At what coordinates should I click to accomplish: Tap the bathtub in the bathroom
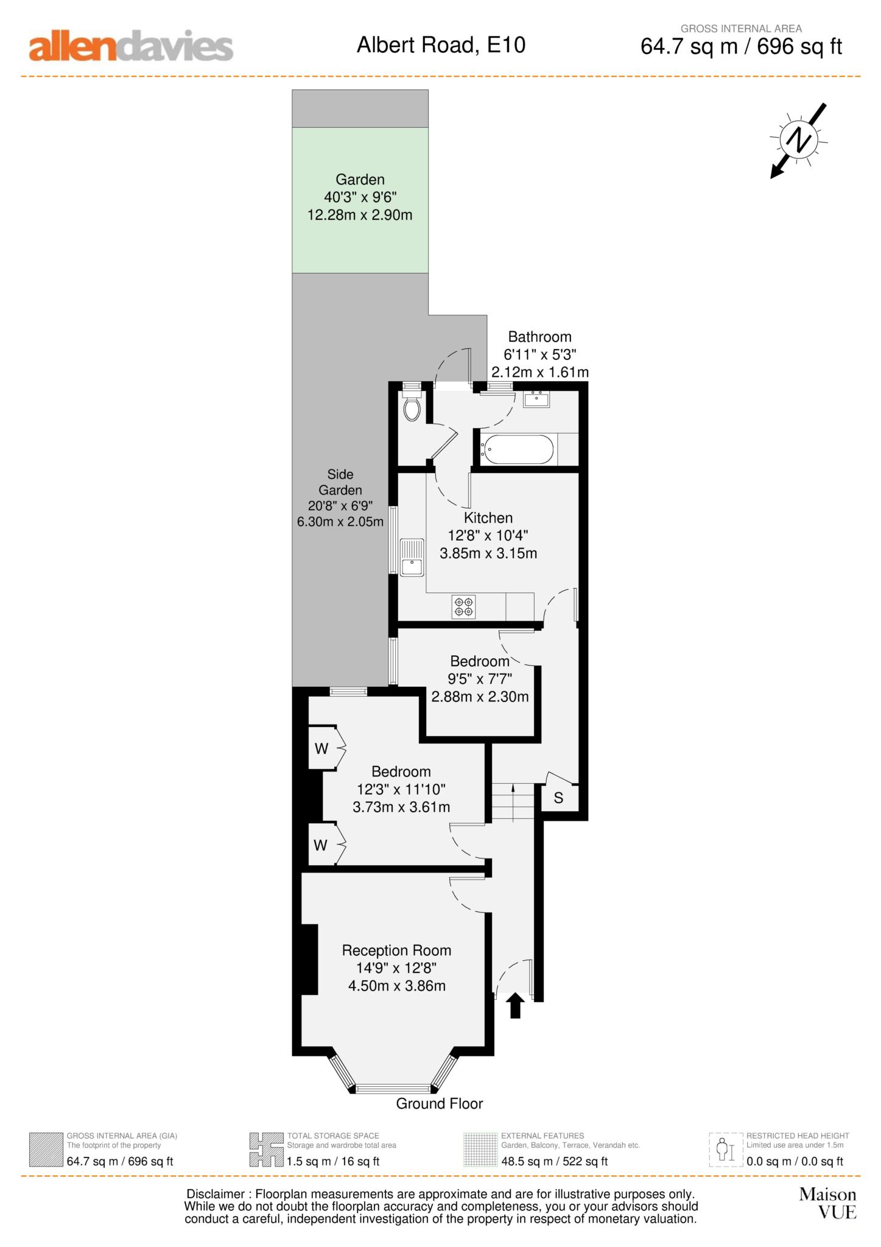point(518,450)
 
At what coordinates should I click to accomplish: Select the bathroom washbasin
point(536,398)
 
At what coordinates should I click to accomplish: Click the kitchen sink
point(412,557)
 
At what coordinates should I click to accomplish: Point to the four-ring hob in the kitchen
point(463,606)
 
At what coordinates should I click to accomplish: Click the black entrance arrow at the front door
point(516,1005)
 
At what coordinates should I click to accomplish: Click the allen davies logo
point(131,47)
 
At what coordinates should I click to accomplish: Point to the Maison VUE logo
point(828,1203)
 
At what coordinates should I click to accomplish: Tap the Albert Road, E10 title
point(441,45)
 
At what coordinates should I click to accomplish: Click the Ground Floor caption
point(440,1103)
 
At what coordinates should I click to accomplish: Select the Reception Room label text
point(396,950)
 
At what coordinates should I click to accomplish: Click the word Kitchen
point(488,518)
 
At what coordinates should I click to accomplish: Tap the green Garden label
point(360,180)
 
